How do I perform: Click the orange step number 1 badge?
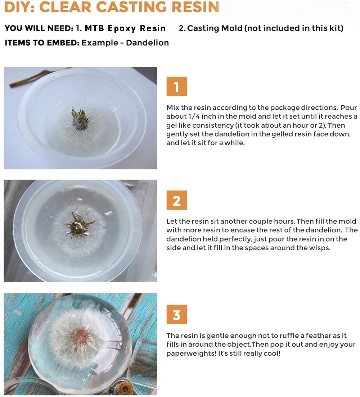[176, 86]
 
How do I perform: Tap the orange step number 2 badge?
[176, 200]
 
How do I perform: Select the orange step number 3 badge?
[176, 315]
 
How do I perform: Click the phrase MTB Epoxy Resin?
[125, 28]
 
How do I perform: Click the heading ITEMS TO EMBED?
[41, 43]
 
